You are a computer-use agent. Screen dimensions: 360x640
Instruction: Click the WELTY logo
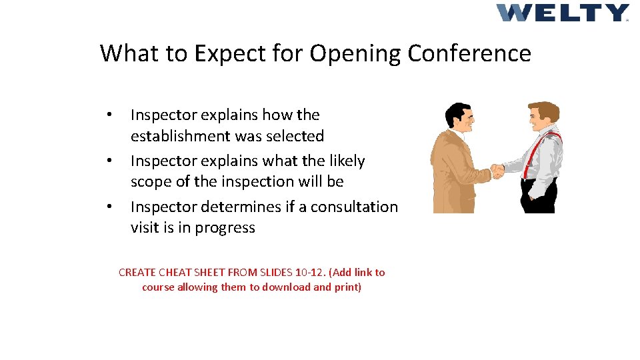pyautogui.click(x=562, y=13)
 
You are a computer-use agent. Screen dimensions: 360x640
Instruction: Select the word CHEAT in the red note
pyautogui.click(x=173, y=272)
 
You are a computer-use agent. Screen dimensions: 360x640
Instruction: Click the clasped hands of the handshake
pyautogui.click(x=497, y=171)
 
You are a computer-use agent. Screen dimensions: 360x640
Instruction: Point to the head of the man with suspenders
pyautogui.click(x=543, y=117)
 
